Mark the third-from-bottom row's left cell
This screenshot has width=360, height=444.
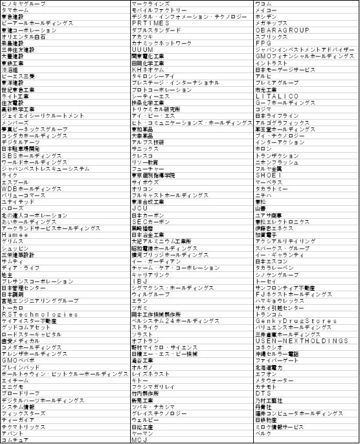65,427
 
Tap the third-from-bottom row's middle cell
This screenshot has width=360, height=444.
192,427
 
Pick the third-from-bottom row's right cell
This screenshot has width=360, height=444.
306,427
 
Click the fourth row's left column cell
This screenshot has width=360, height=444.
65,23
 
